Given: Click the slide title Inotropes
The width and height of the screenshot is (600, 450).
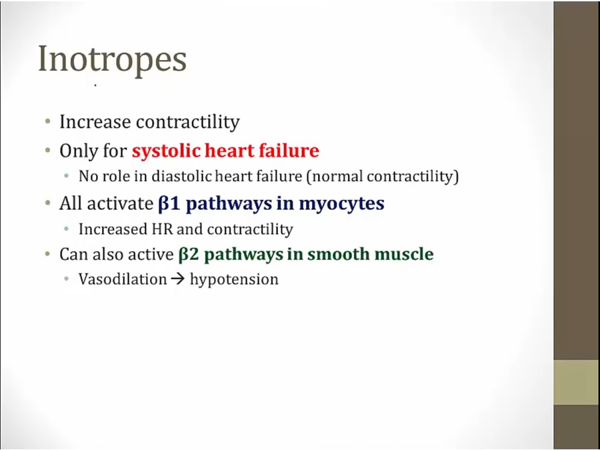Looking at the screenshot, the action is point(112,59).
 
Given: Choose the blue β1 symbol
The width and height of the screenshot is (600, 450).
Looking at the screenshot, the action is point(169,203).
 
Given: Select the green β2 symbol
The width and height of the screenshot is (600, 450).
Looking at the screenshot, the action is point(189,255).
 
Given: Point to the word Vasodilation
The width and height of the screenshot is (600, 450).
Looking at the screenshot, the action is point(123,279).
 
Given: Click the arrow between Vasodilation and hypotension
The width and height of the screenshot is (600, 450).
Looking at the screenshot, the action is point(177,279).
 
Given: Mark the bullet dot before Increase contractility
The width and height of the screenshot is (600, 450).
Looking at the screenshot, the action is point(48,121).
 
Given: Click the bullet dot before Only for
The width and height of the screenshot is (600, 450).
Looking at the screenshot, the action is point(48,151).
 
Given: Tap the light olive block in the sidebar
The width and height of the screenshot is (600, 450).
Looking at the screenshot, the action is point(577,382).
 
